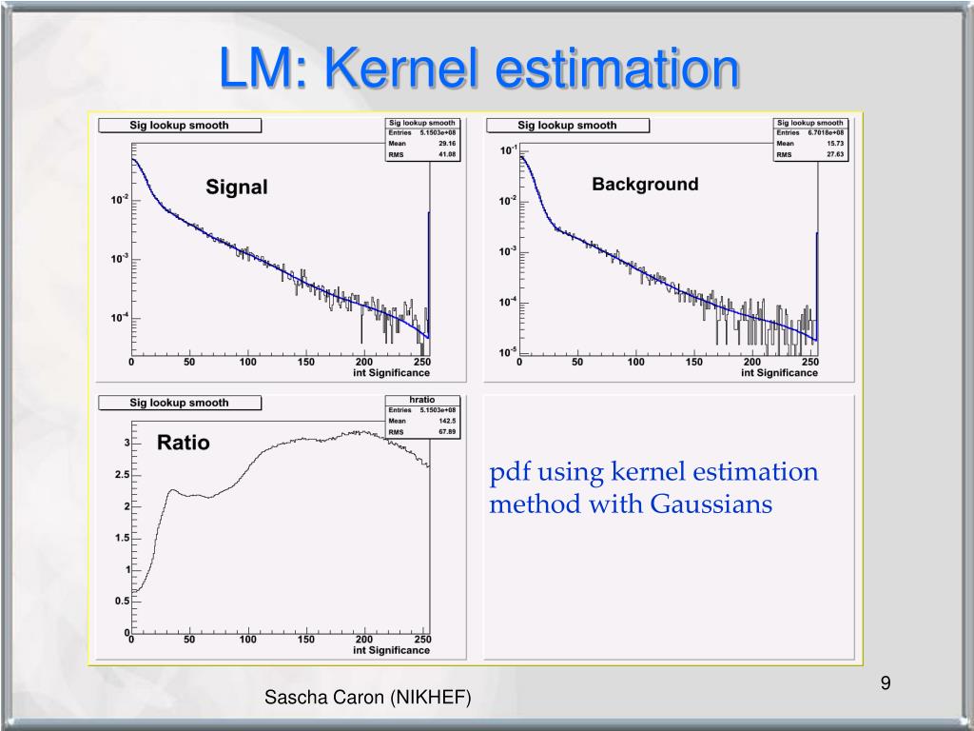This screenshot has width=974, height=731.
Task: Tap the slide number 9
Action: click(x=885, y=682)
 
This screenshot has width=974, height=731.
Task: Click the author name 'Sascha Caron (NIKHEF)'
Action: click(x=367, y=698)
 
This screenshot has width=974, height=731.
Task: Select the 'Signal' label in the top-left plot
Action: click(x=237, y=188)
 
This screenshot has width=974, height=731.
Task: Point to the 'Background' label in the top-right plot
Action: click(x=645, y=184)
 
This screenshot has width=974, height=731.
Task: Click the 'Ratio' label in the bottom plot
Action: click(x=183, y=443)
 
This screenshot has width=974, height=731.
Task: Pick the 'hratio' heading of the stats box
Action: click(x=422, y=400)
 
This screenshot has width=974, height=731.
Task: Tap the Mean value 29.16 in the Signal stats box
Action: click(x=447, y=144)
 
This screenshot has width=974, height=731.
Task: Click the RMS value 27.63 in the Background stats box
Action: click(x=834, y=154)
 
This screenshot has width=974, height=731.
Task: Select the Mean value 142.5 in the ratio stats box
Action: click(x=446, y=421)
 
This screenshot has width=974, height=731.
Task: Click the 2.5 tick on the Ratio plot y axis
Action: click(x=121, y=475)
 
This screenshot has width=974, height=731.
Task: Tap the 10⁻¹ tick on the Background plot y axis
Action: click(x=509, y=150)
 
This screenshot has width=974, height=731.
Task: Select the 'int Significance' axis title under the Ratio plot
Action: click(x=391, y=650)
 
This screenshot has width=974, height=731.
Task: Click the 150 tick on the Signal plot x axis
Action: click(x=306, y=362)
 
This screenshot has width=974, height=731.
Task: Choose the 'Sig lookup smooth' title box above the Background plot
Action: click(x=567, y=125)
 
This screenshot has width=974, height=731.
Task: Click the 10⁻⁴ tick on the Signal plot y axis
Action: click(x=119, y=318)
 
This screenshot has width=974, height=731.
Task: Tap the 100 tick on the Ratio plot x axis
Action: click(x=248, y=640)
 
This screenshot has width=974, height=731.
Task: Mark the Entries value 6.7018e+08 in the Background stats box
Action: click(x=824, y=133)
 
